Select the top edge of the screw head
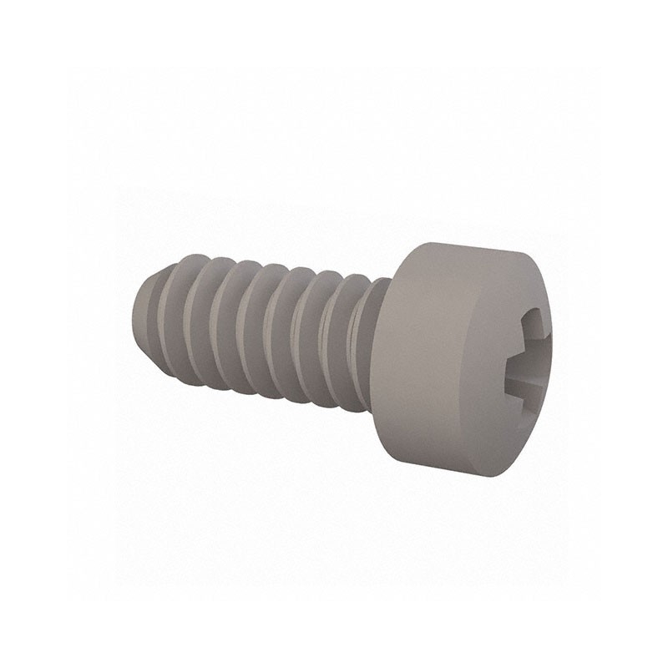pos(468,243)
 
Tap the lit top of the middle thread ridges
pos(267,271)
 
